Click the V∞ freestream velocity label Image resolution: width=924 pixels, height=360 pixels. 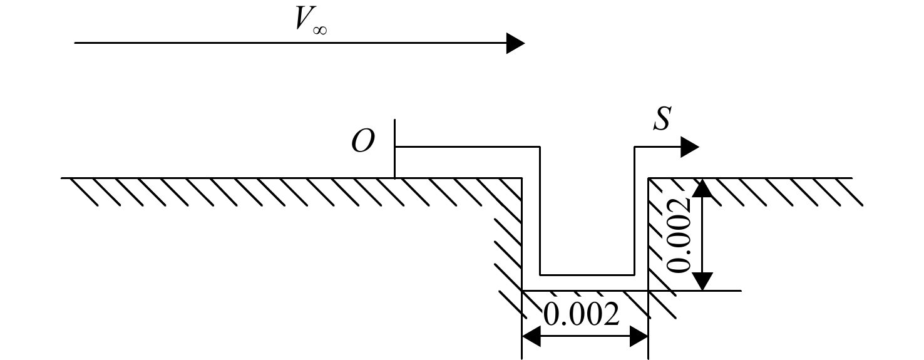coord(311,20)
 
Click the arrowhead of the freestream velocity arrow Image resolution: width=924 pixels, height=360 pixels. coord(516,43)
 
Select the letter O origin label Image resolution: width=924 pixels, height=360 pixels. coord(363,140)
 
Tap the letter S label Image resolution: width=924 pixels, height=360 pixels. coord(662,119)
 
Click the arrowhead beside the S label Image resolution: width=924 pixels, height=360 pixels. coord(690,147)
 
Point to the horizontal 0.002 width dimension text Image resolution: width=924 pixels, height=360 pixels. coord(581,314)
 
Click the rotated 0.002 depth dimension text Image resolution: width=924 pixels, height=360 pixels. coord(678,235)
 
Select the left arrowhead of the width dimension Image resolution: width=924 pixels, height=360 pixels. coord(531,336)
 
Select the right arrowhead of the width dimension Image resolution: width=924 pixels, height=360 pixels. coord(639,336)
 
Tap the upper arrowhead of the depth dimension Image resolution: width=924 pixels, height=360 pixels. coord(702,188)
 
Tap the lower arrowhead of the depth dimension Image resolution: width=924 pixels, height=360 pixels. coord(702,281)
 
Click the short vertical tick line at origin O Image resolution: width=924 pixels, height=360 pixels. coord(395,148)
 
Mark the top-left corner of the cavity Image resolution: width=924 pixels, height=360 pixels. coord(522,178)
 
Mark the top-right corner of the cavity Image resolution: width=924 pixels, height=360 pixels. coord(648,178)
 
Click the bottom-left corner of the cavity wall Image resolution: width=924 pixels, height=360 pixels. coord(522,291)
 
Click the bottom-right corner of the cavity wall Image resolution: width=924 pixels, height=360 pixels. coord(648,291)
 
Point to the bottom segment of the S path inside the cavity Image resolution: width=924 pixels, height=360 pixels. coord(587,275)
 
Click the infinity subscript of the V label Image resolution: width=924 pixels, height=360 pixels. coord(320,30)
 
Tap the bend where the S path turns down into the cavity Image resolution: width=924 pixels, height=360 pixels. coord(540,147)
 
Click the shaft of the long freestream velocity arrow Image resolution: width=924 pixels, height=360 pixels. coord(290,43)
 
